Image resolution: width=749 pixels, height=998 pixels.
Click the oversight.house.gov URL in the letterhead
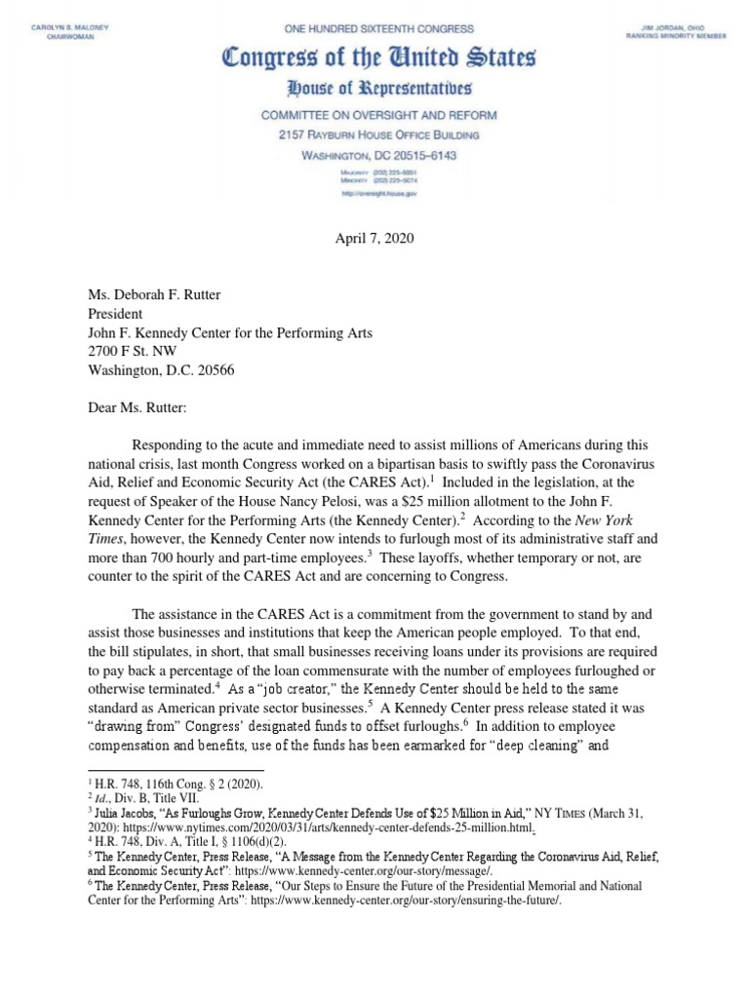(375, 194)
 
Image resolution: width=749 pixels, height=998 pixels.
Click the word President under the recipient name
(114, 314)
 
